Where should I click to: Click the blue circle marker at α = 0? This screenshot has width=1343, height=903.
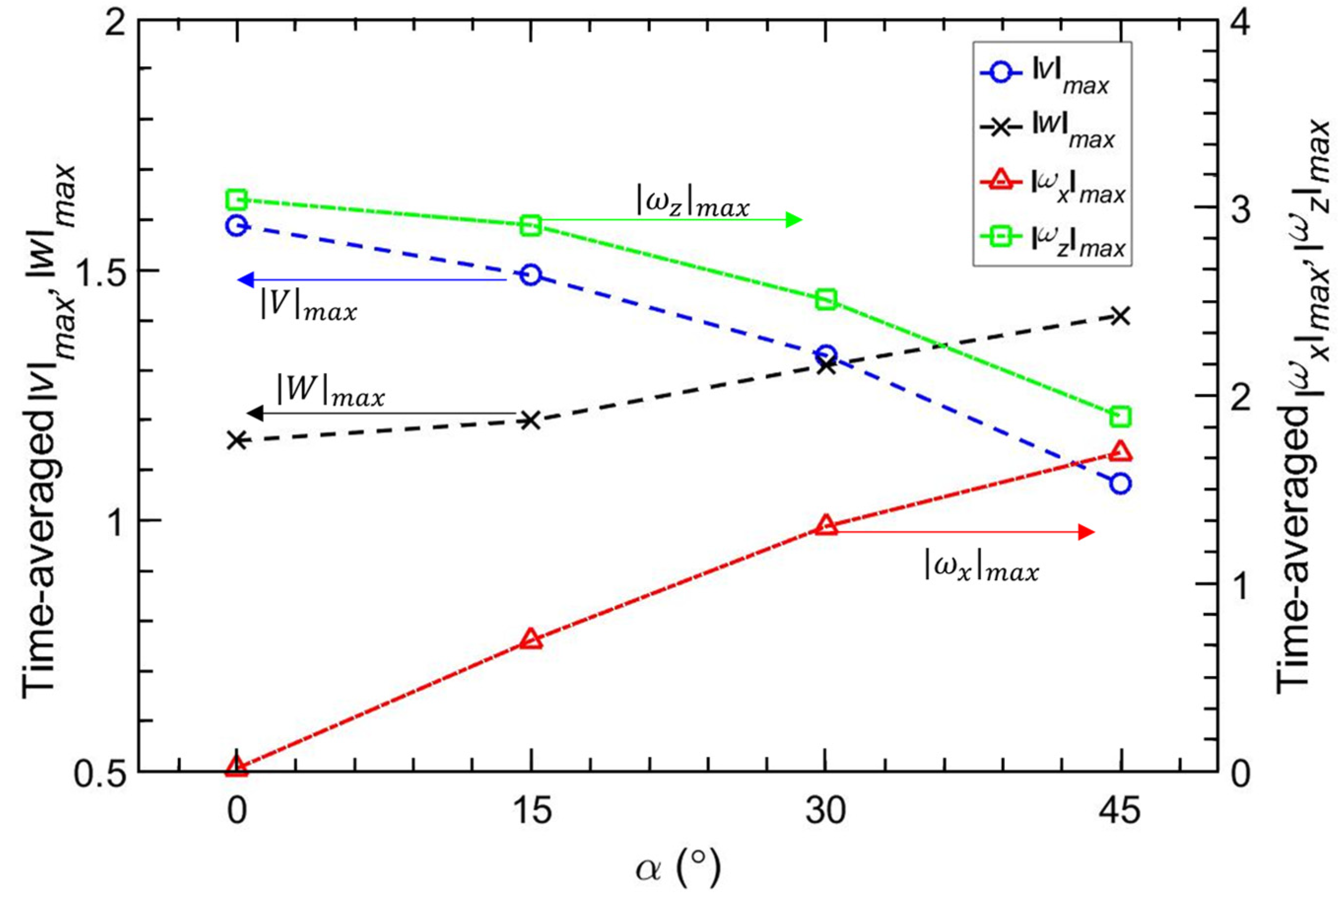coord(236,225)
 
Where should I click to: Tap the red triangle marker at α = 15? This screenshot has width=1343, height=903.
coord(531,640)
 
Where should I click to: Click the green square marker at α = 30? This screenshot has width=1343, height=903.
coord(826,300)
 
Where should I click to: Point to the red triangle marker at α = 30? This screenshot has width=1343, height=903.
coord(826,526)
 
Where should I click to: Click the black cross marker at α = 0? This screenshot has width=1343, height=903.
coord(236,440)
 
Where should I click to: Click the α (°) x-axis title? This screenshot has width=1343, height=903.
coord(677,870)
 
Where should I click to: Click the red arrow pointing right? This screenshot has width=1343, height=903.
coord(962,532)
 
